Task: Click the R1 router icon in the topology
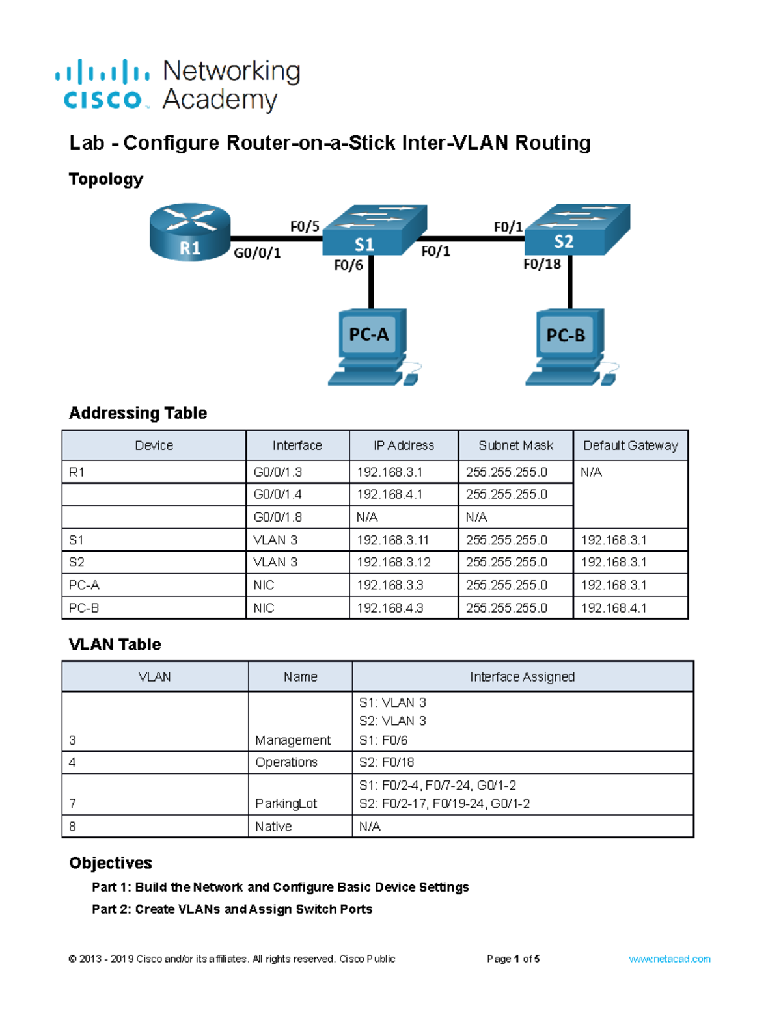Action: click(189, 232)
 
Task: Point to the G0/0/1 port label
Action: click(257, 253)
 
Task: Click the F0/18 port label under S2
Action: click(542, 264)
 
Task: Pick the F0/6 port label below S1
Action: click(348, 265)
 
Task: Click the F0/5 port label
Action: click(305, 226)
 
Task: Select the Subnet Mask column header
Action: click(515, 445)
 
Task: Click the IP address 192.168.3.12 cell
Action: click(393, 562)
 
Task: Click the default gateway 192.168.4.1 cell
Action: click(613, 608)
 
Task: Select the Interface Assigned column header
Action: click(522, 677)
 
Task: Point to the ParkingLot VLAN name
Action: click(286, 804)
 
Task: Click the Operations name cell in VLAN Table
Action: click(286, 762)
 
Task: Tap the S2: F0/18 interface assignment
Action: click(386, 762)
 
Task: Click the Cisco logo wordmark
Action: click(103, 100)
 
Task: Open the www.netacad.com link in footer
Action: click(669, 959)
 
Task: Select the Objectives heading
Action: click(111, 863)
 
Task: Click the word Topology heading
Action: click(106, 179)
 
